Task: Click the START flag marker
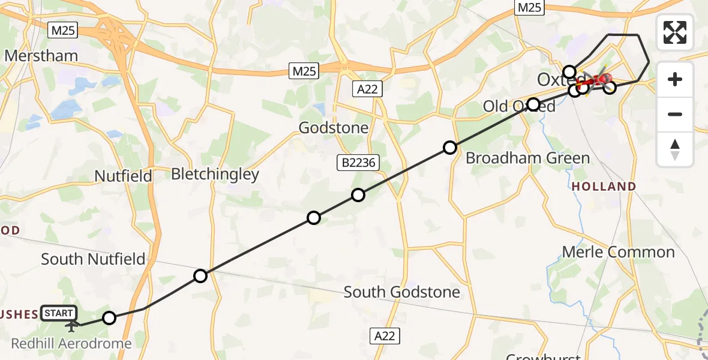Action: tap(59, 313)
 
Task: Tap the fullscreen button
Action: tap(675, 32)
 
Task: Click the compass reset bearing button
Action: tap(675, 149)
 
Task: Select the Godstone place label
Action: tap(334, 128)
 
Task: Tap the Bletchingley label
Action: tap(215, 175)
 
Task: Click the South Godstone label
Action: tap(401, 292)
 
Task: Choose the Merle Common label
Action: tap(618, 251)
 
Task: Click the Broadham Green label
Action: tap(527, 158)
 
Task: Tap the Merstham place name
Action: tap(41, 56)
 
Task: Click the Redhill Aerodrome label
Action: tap(71, 344)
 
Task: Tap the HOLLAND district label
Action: tap(604, 187)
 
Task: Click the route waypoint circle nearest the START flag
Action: tap(109, 318)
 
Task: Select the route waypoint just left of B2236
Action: tap(314, 218)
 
